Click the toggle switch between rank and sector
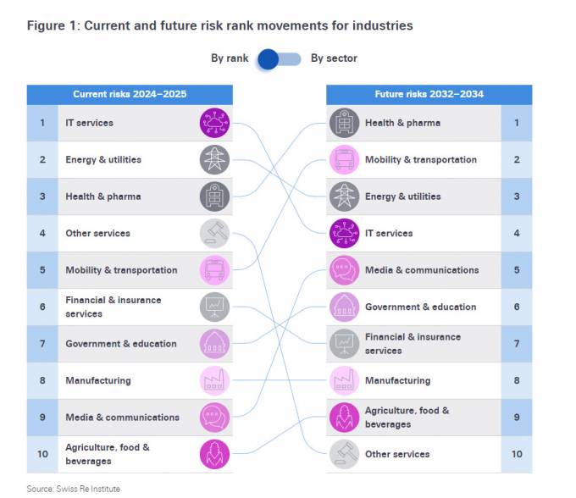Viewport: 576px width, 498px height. click(279, 58)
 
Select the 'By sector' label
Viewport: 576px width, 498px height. click(334, 58)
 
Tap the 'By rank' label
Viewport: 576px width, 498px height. click(230, 58)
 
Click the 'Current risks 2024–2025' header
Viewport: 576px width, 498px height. click(130, 94)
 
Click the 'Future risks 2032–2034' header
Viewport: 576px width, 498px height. click(429, 94)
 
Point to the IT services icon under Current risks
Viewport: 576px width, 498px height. click(214, 123)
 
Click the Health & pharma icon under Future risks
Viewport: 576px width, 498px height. click(344, 123)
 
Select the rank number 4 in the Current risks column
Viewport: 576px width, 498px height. click(42, 233)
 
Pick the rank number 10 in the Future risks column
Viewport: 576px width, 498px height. click(517, 454)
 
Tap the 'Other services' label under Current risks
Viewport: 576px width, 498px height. click(97, 233)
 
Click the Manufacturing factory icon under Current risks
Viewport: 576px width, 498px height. click(214, 380)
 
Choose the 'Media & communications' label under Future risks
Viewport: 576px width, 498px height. click(422, 270)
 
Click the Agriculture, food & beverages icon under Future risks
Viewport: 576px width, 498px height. click(344, 417)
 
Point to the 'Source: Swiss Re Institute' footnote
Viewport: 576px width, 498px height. click(73, 489)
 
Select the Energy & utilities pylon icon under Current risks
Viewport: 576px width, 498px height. click(214, 159)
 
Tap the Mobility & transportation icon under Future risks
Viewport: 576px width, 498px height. click(344, 159)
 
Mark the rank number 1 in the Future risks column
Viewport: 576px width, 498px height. click(517, 123)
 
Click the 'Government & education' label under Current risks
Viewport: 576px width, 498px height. click(121, 344)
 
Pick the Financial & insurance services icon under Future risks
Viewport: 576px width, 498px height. click(344, 343)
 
